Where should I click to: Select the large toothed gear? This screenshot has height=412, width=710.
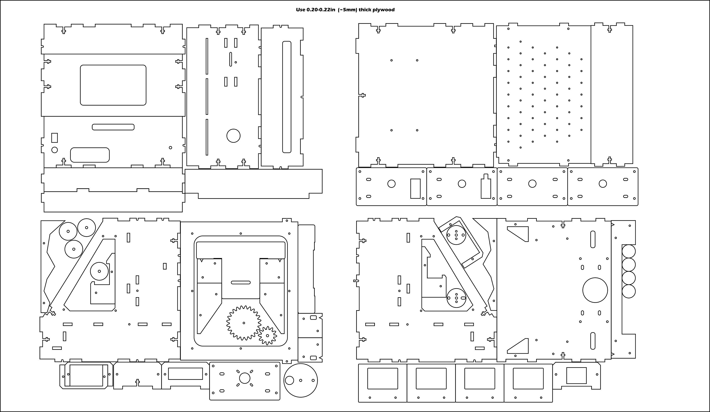coord(244,323)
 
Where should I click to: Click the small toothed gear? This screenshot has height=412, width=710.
coord(267,335)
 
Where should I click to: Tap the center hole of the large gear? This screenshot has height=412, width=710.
coord(244,323)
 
